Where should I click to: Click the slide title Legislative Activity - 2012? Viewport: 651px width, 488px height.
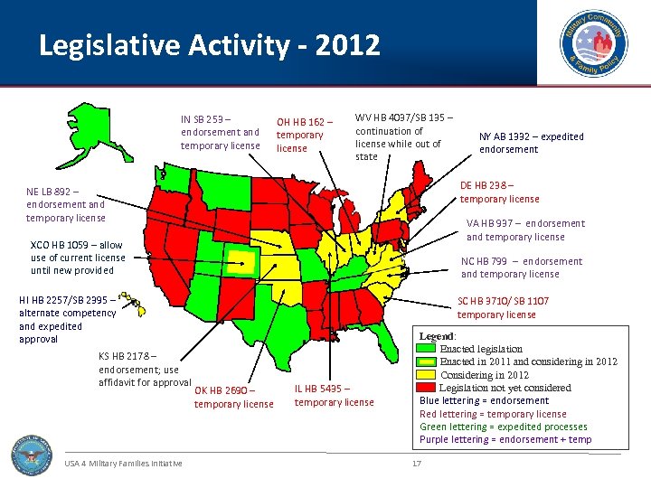[x=210, y=46]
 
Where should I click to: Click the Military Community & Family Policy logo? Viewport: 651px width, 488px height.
[x=593, y=43]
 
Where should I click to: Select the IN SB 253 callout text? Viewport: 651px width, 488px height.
[x=220, y=132]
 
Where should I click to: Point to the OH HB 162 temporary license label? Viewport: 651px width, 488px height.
[x=305, y=135]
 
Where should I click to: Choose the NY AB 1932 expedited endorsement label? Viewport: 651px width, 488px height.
[x=532, y=143]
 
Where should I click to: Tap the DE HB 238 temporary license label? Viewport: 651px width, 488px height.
[x=499, y=192]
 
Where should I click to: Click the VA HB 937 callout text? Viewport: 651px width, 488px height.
[x=525, y=230]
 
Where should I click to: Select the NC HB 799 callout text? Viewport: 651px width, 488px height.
[x=522, y=267]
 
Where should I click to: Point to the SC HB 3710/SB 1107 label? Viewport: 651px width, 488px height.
[x=503, y=307]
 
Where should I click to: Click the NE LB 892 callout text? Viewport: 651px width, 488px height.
[x=65, y=204]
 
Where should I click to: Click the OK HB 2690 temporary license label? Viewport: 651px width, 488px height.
[x=233, y=397]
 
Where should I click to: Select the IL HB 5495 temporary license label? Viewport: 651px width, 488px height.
[x=334, y=395]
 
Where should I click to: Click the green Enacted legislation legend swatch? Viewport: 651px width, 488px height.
[x=426, y=349]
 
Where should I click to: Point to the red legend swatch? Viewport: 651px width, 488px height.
[x=426, y=387]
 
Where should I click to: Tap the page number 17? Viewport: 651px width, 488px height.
[x=417, y=464]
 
